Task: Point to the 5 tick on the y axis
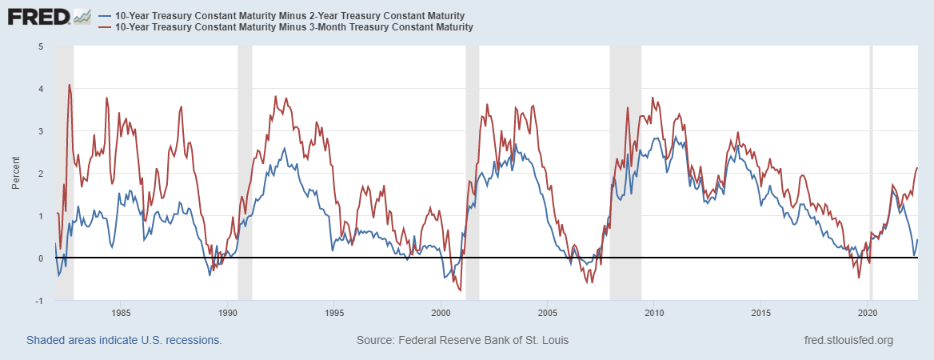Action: (40, 46)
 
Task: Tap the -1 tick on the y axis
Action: (38, 301)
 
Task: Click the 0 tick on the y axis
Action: (40, 258)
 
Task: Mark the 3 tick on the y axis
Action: (40, 131)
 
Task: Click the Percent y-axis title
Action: (16, 174)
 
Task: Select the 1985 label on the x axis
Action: (121, 313)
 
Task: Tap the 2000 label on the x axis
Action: (441, 313)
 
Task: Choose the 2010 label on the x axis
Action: (655, 313)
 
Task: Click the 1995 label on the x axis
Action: (334, 313)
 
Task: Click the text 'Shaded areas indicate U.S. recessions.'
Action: (124, 340)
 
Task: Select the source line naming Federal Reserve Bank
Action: (462, 340)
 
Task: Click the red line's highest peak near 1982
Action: (70, 85)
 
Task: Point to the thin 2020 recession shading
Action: (871, 160)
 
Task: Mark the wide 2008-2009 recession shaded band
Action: (625, 160)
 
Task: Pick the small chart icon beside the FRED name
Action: (82, 16)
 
